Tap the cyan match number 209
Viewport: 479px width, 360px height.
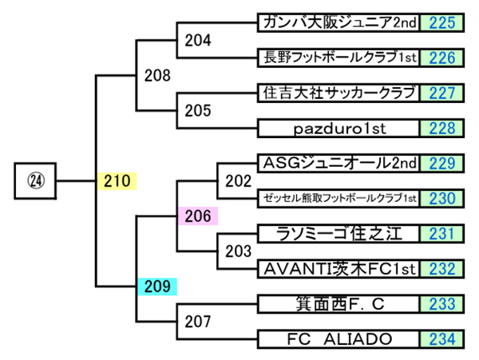tap(157, 285)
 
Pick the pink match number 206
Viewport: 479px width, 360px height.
tap(196, 215)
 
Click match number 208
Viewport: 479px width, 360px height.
tap(157, 76)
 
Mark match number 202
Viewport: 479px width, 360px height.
tap(239, 180)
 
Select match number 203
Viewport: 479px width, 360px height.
tap(239, 251)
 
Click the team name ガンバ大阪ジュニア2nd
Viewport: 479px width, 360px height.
tap(338, 22)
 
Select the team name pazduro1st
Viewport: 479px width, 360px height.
tap(338, 128)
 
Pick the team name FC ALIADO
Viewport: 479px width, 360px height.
tap(338, 339)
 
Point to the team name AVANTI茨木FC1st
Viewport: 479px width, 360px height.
tap(338, 269)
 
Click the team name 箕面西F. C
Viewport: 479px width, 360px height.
tap(338, 304)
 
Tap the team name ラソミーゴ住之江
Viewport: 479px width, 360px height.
tap(338, 234)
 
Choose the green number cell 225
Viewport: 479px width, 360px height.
tap(441, 22)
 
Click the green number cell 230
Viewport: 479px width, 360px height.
tap(441, 199)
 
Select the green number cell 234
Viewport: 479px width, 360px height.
tap(441, 339)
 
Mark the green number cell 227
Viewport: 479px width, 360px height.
tap(441, 93)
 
